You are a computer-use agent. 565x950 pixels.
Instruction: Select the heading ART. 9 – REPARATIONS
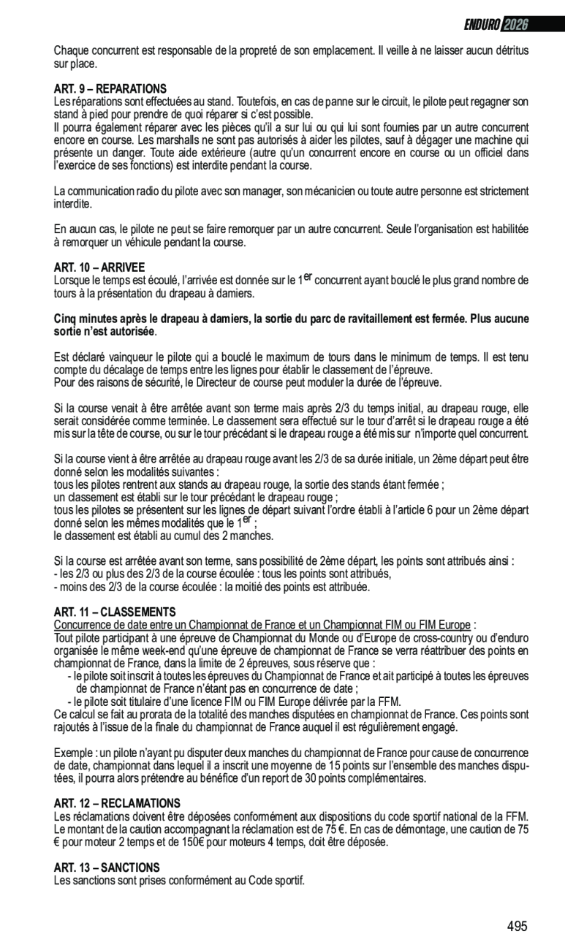point(110,88)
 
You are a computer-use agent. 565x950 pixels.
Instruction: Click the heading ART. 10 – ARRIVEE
point(99,267)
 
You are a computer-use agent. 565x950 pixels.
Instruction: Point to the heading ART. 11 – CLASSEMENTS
point(115,612)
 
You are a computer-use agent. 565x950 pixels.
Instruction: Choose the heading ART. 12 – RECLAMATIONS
point(117,803)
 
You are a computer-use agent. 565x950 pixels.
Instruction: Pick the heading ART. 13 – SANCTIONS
point(107,867)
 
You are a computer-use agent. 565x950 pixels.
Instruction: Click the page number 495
point(517,927)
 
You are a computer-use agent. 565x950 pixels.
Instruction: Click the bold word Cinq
point(66,319)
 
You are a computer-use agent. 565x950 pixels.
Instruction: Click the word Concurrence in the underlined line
point(82,625)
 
